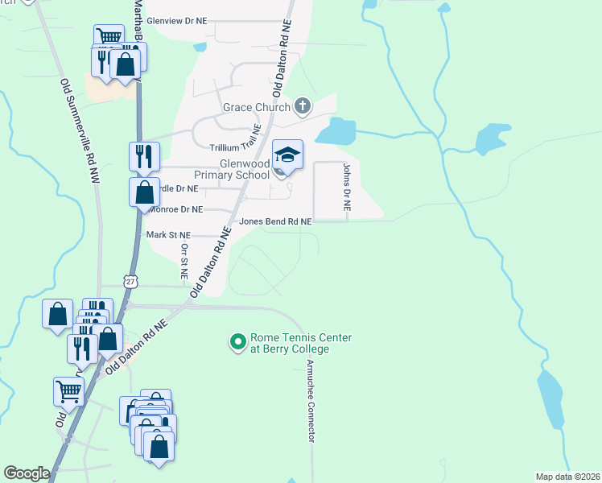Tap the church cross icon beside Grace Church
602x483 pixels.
[303, 105]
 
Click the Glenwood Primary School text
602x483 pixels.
[232, 169]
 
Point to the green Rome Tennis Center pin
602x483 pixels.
[237, 343]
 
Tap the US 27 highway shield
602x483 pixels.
[130, 280]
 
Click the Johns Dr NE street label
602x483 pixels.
[347, 187]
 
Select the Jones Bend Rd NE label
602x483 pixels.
[274, 221]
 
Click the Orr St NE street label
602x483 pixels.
[184, 262]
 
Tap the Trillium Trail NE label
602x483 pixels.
[236, 148]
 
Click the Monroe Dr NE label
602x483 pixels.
[175, 208]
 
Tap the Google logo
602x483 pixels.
[27, 473]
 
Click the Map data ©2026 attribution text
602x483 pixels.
[567, 477]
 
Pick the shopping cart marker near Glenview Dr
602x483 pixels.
[109, 38]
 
